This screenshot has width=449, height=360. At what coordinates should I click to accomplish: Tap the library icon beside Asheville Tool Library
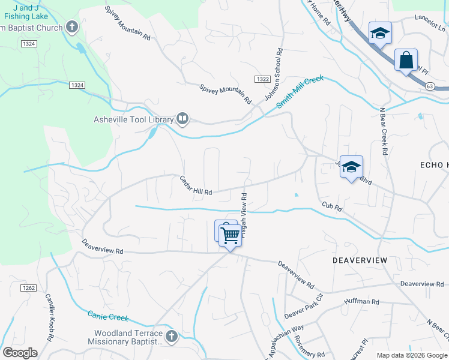point(182,119)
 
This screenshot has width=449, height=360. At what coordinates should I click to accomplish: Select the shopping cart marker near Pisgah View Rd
point(230,235)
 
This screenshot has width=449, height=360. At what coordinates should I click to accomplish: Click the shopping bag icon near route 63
point(406,61)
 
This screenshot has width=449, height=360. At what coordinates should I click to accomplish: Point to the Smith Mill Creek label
point(300,92)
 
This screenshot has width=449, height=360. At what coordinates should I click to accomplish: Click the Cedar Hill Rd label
point(196,185)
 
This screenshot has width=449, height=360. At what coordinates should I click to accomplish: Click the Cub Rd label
point(331,207)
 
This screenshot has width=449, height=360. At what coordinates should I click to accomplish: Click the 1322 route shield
point(261,79)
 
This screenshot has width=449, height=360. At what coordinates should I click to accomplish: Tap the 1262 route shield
point(28,288)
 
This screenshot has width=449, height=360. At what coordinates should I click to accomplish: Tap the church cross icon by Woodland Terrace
point(171,336)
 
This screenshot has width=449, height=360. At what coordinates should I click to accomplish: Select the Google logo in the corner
point(20,353)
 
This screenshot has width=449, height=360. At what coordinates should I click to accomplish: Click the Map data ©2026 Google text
point(411,355)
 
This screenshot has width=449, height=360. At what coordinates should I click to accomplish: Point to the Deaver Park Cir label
point(303,306)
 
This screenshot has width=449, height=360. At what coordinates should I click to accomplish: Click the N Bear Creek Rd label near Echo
point(382,131)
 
